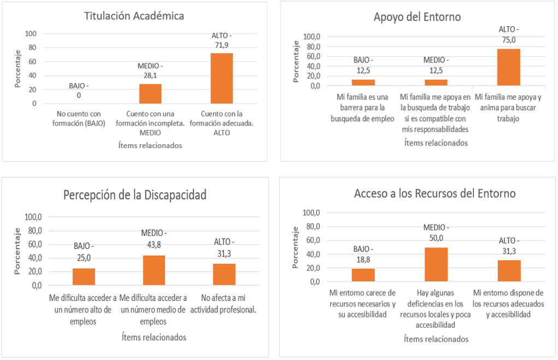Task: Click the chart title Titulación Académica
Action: pos(134,16)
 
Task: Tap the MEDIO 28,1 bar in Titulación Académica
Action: pos(150,93)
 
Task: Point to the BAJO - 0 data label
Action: pos(79,91)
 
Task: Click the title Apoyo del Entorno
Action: pos(417,17)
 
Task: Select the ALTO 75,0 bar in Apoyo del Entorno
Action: pos(508,67)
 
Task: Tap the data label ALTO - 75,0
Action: pos(508,34)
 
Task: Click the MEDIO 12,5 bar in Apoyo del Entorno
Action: pos(436,82)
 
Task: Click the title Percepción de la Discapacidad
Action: pos(135,194)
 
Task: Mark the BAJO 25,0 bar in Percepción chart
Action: pos(84,277)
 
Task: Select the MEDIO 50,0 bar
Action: pos(436,265)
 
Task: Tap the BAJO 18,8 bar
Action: pos(363,275)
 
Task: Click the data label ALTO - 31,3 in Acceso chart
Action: pos(509,246)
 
